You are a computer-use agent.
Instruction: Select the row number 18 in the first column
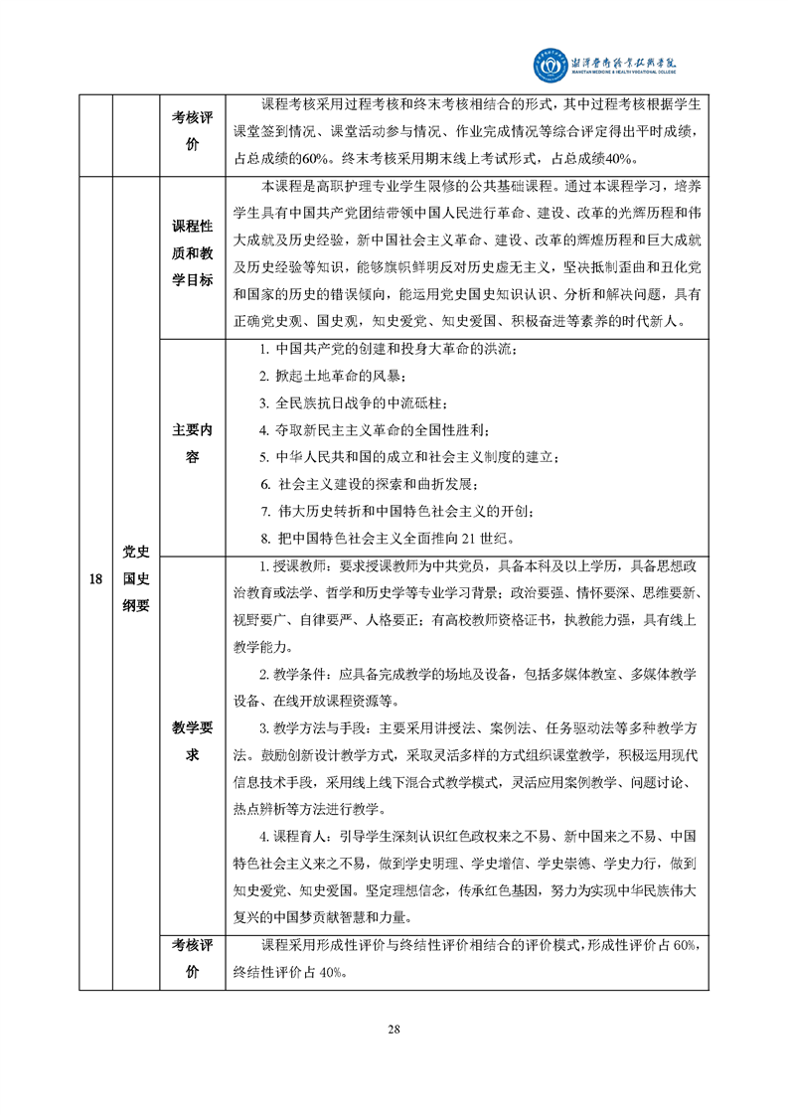pyautogui.click(x=95, y=579)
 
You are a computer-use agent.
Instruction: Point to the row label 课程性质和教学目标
pyautogui.click(x=193, y=252)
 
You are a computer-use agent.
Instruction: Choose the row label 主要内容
pyautogui.click(x=193, y=443)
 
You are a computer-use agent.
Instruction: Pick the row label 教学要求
pyautogui.click(x=193, y=739)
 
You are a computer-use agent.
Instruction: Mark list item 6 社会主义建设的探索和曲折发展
pyautogui.click(x=369, y=484)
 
